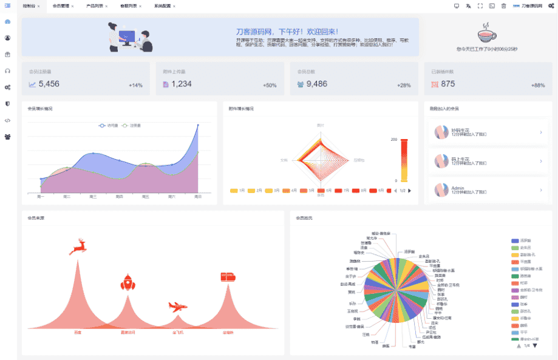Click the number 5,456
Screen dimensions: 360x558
49,84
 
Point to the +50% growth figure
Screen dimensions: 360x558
270,86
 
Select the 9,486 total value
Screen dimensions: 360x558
317,84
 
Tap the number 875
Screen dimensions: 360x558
448,84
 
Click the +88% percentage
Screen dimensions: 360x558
538,86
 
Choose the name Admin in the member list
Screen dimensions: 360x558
458,188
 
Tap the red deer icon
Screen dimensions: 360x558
78,247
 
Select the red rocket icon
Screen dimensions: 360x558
128,282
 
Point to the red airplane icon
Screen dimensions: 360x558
177,307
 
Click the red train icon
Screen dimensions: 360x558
228,276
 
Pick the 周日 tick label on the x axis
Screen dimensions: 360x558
198,197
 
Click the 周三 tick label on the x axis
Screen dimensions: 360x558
93,197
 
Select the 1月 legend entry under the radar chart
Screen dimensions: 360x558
237,191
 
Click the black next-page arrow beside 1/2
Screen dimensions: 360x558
410,191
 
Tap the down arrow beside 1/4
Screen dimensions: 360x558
534,345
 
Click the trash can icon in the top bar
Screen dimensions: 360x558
503,6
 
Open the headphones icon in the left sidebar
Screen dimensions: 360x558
7,70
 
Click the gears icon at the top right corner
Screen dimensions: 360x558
551,6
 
